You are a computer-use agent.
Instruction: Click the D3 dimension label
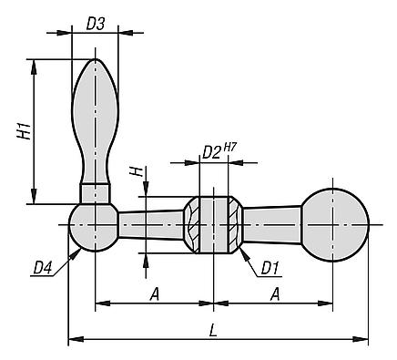(x=96, y=24)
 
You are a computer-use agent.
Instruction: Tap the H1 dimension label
(x=24, y=130)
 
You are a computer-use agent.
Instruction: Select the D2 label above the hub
(x=211, y=152)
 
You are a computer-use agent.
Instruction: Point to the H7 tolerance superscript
(x=229, y=148)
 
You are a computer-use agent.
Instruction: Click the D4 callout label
(x=43, y=268)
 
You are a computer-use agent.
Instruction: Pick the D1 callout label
(x=270, y=268)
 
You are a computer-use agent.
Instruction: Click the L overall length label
(x=214, y=330)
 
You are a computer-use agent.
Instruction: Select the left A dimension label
(x=155, y=294)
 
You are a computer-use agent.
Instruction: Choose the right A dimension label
(x=275, y=294)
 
